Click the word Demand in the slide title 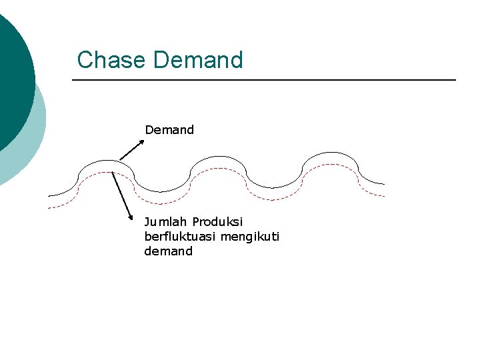pyautogui.click(x=198, y=60)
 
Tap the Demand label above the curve pyautogui.click(x=169, y=130)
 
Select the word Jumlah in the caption pyautogui.click(x=165, y=221)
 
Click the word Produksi pyautogui.click(x=217, y=221)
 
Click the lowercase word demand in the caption pyautogui.click(x=168, y=251)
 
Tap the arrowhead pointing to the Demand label pyautogui.click(x=142, y=141)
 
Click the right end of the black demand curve pyautogui.click(x=384, y=183)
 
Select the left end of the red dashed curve pyautogui.click(x=49, y=208)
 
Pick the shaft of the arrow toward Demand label pyautogui.click(x=131, y=151)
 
